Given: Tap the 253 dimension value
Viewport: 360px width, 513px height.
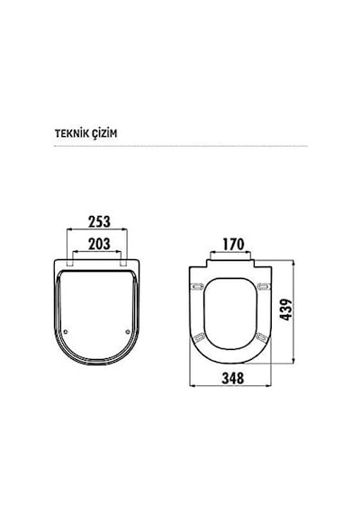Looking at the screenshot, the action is (99, 221).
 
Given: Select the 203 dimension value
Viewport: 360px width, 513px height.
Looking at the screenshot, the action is (99, 244).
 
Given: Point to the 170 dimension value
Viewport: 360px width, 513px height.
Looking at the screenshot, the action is (233, 244).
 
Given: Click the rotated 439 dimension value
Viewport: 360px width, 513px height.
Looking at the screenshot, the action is (285, 310).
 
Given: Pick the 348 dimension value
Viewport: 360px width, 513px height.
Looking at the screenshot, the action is (233, 378).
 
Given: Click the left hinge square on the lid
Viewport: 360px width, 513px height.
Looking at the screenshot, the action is (69, 264).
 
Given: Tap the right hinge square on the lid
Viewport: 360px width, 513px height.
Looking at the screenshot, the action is (123, 264).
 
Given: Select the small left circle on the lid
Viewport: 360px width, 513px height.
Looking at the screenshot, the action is (66, 332).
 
